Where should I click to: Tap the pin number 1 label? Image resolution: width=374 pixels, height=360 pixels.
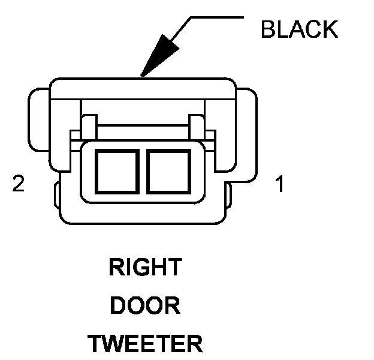pyautogui.click(x=279, y=184)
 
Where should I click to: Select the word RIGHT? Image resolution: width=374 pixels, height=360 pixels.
pyautogui.click(x=145, y=268)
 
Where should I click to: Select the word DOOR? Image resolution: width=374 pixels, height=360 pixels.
pyautogui.click(x=145, y=306)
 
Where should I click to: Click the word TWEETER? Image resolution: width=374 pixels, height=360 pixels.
pyautogui.click(x=145, y=344)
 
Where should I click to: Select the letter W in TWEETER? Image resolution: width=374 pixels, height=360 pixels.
pyautogui.click(x=113, y=344)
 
